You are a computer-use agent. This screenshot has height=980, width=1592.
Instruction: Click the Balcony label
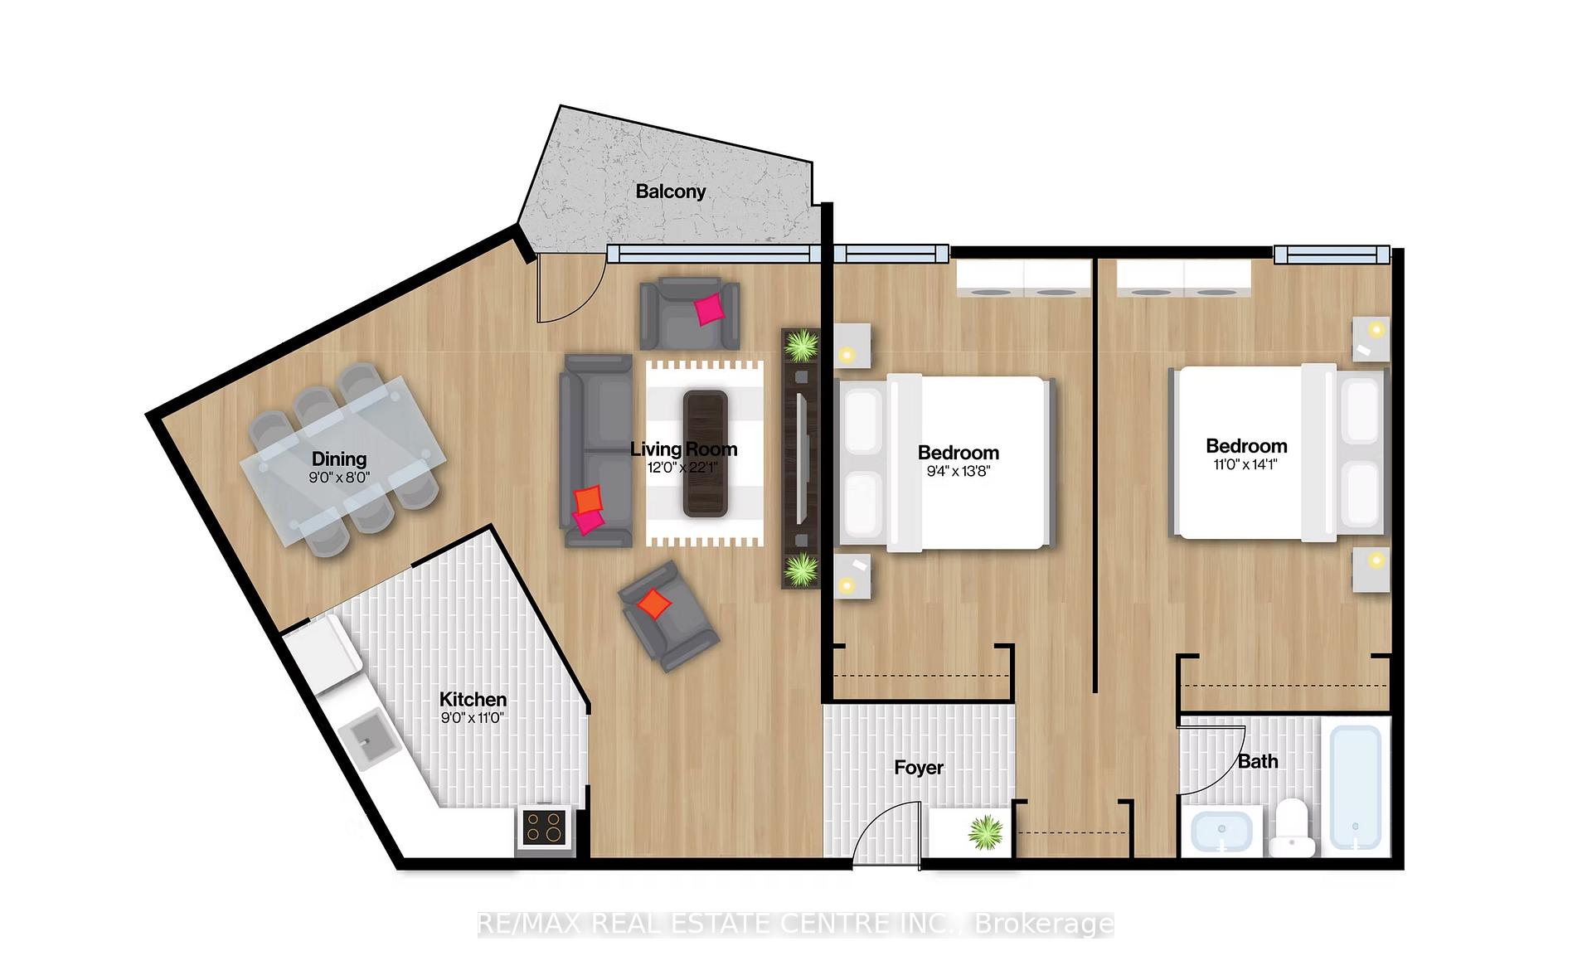670,192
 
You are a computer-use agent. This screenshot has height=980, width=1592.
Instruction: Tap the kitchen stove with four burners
545,827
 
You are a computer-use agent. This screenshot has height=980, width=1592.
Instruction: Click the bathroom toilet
1293,828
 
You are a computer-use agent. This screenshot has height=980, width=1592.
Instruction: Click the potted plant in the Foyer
985,832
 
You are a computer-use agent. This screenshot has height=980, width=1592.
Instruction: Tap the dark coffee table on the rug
705,453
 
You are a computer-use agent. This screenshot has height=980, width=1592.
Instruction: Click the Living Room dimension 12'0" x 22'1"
682,468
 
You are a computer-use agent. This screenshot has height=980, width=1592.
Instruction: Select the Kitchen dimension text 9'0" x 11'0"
473,718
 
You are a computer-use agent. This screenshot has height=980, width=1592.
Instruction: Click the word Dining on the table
339,458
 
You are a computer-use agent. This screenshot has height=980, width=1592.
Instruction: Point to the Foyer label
919,768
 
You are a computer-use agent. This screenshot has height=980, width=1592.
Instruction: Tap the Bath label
1258,761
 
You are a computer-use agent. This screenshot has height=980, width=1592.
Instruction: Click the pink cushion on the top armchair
709,309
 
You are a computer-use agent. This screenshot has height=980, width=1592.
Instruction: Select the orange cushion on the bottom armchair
655,604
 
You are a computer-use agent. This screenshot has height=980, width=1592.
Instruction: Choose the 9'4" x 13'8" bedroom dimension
959,472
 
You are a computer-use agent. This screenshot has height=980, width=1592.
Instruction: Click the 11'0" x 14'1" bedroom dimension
1245,465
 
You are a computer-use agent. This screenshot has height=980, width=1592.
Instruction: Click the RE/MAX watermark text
795,924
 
